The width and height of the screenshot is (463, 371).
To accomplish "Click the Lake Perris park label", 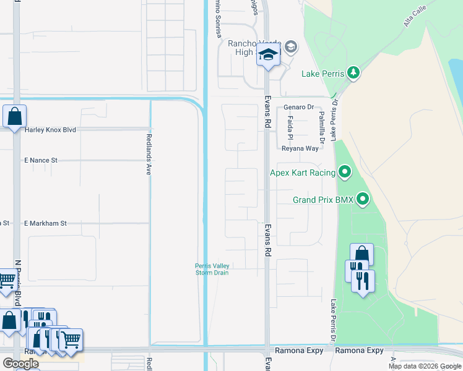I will click(322, 74).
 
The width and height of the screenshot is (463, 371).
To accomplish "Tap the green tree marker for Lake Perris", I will click(353, 73).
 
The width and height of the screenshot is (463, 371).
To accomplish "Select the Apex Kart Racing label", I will click(303, 173).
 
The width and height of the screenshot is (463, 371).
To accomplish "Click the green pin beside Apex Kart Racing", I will click(345, 172).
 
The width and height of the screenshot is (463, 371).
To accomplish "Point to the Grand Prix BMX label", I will click(322, 200).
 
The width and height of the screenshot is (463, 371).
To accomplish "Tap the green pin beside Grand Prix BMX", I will click(363, 199).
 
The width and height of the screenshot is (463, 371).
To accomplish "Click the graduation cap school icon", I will click(269, 56).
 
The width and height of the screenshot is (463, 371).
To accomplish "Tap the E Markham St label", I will click(45, 223).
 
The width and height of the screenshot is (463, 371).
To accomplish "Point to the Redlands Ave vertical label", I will click(149, 155).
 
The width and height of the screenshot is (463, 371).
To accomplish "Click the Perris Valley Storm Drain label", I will click(212, 269).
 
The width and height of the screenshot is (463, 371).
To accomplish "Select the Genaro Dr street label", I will click(299, 107).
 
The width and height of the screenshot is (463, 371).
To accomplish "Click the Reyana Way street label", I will click(300, 148).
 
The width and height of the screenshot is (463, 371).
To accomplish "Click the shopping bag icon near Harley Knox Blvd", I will click(14, 116).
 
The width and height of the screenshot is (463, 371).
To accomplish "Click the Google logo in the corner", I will click(20, 364).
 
